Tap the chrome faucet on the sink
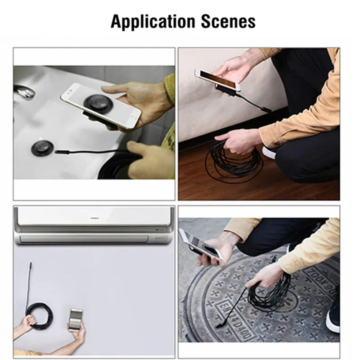[x=25, y=92]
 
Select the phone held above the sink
[x=101, y=105]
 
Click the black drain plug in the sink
[x=42, y=148]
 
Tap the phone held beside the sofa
[x=218, y=80]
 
